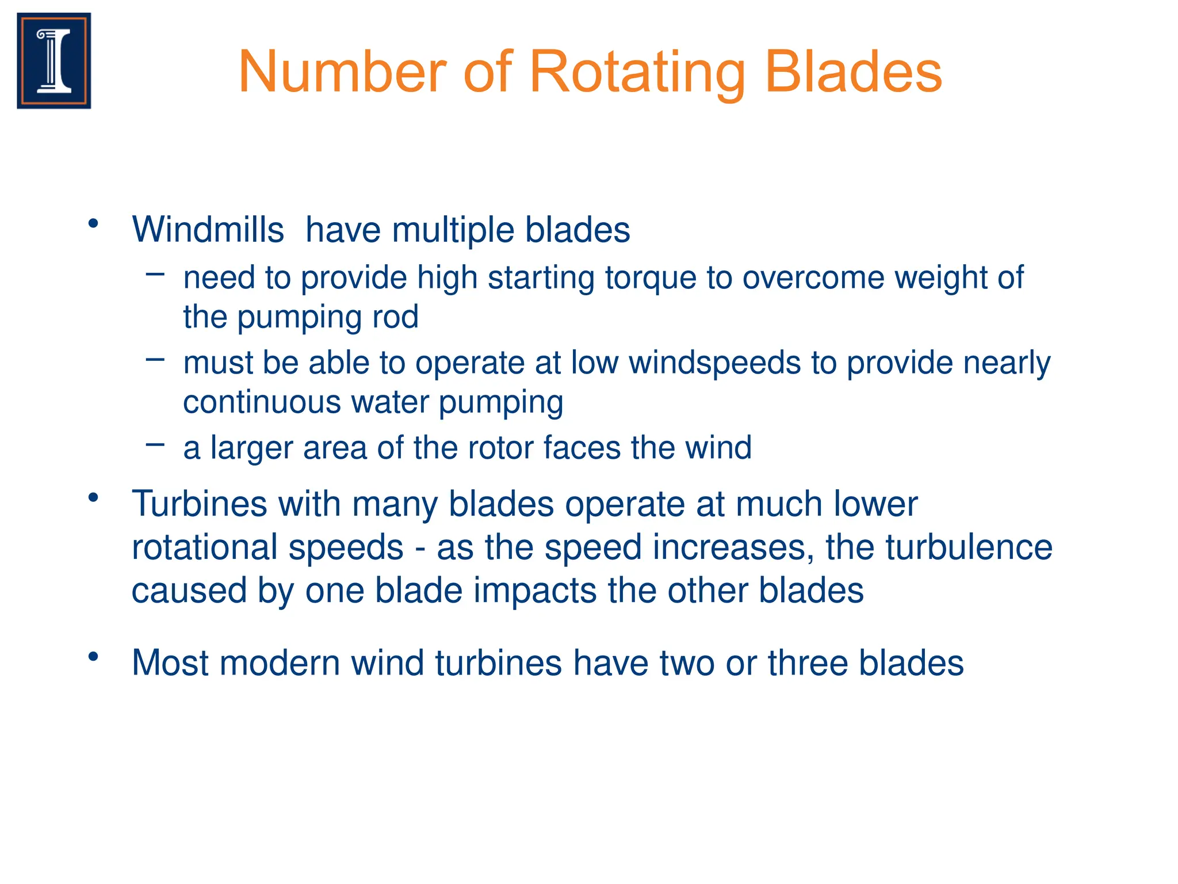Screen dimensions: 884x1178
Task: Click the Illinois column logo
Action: (x=54, y=60)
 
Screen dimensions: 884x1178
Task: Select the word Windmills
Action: (x=208, y=230)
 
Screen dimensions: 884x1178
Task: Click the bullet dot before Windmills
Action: (x=94, y=223)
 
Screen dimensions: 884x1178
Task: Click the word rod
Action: (x=395, y=317)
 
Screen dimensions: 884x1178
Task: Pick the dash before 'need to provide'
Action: (x=155, y=274)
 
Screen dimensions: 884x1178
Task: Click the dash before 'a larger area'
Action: (x=155, y=444)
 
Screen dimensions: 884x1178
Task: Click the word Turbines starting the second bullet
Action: (x=199, y=504)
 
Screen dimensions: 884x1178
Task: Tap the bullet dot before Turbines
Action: (x=94, y=497)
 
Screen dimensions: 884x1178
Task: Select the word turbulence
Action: (x=969, y=547)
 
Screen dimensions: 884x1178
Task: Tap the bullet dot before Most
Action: (x=94, y=656)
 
